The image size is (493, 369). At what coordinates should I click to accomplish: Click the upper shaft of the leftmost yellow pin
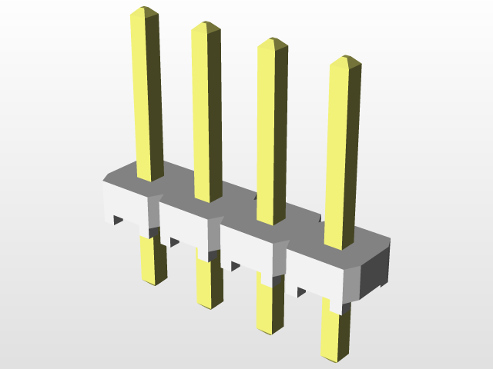pyautogui.click(x=147, y=92)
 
